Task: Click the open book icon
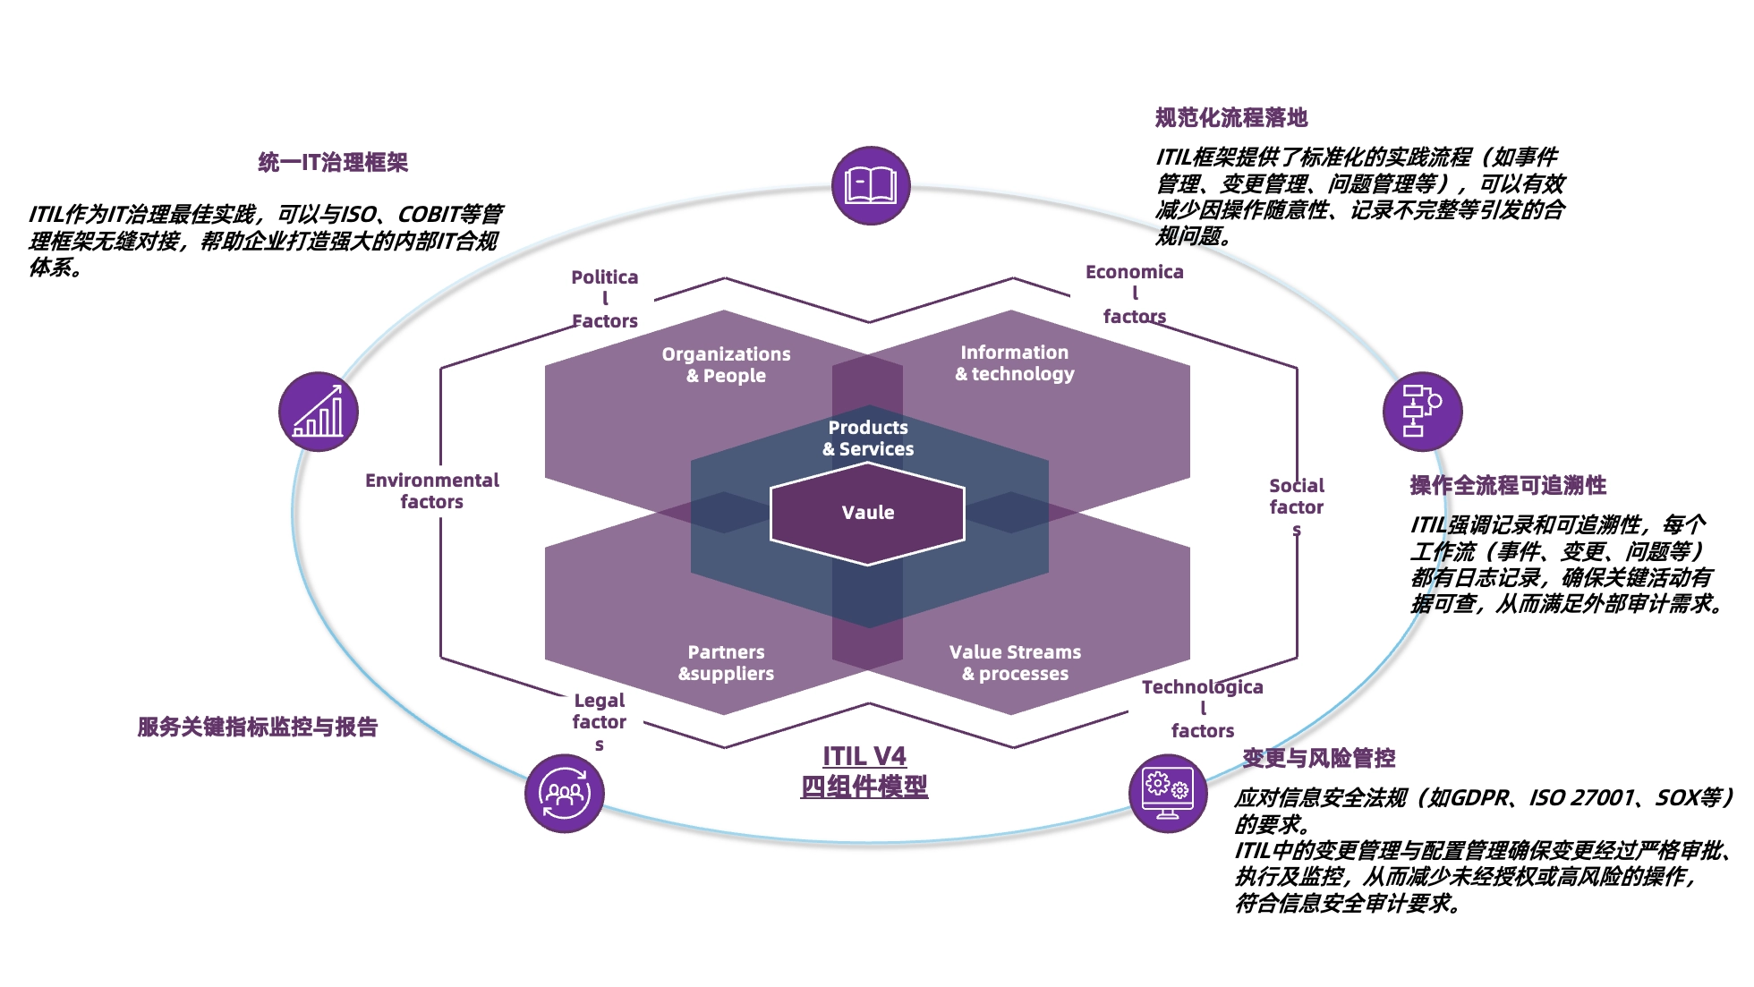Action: (x=871, y=185)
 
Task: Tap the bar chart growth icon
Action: (x=319, y=412)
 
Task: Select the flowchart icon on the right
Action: (x=1422, y=411)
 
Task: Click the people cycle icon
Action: (x=565, y=793)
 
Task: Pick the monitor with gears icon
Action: (x=1168, y=793)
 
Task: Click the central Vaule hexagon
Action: (x=867, y=513)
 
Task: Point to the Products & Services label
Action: (x=868, y=438)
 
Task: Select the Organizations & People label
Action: (x=726, y=365)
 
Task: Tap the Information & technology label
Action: (x=1014, y=363)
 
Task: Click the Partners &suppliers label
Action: (x=726, y=663)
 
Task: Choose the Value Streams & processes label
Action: (x=1015, y=663)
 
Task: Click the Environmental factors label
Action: (x=431, y=491)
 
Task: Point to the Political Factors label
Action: (x=605, y=299)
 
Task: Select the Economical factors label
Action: (x=1134, y=294)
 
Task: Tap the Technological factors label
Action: (x=1202, y=709)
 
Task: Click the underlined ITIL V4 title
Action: (x=864, y=757)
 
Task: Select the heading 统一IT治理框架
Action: (x=333, y=162)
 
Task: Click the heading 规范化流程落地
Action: (x=1230, y=117)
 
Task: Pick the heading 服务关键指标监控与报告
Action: (x=258, y=727)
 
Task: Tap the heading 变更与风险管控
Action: (x=1318, y=758)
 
